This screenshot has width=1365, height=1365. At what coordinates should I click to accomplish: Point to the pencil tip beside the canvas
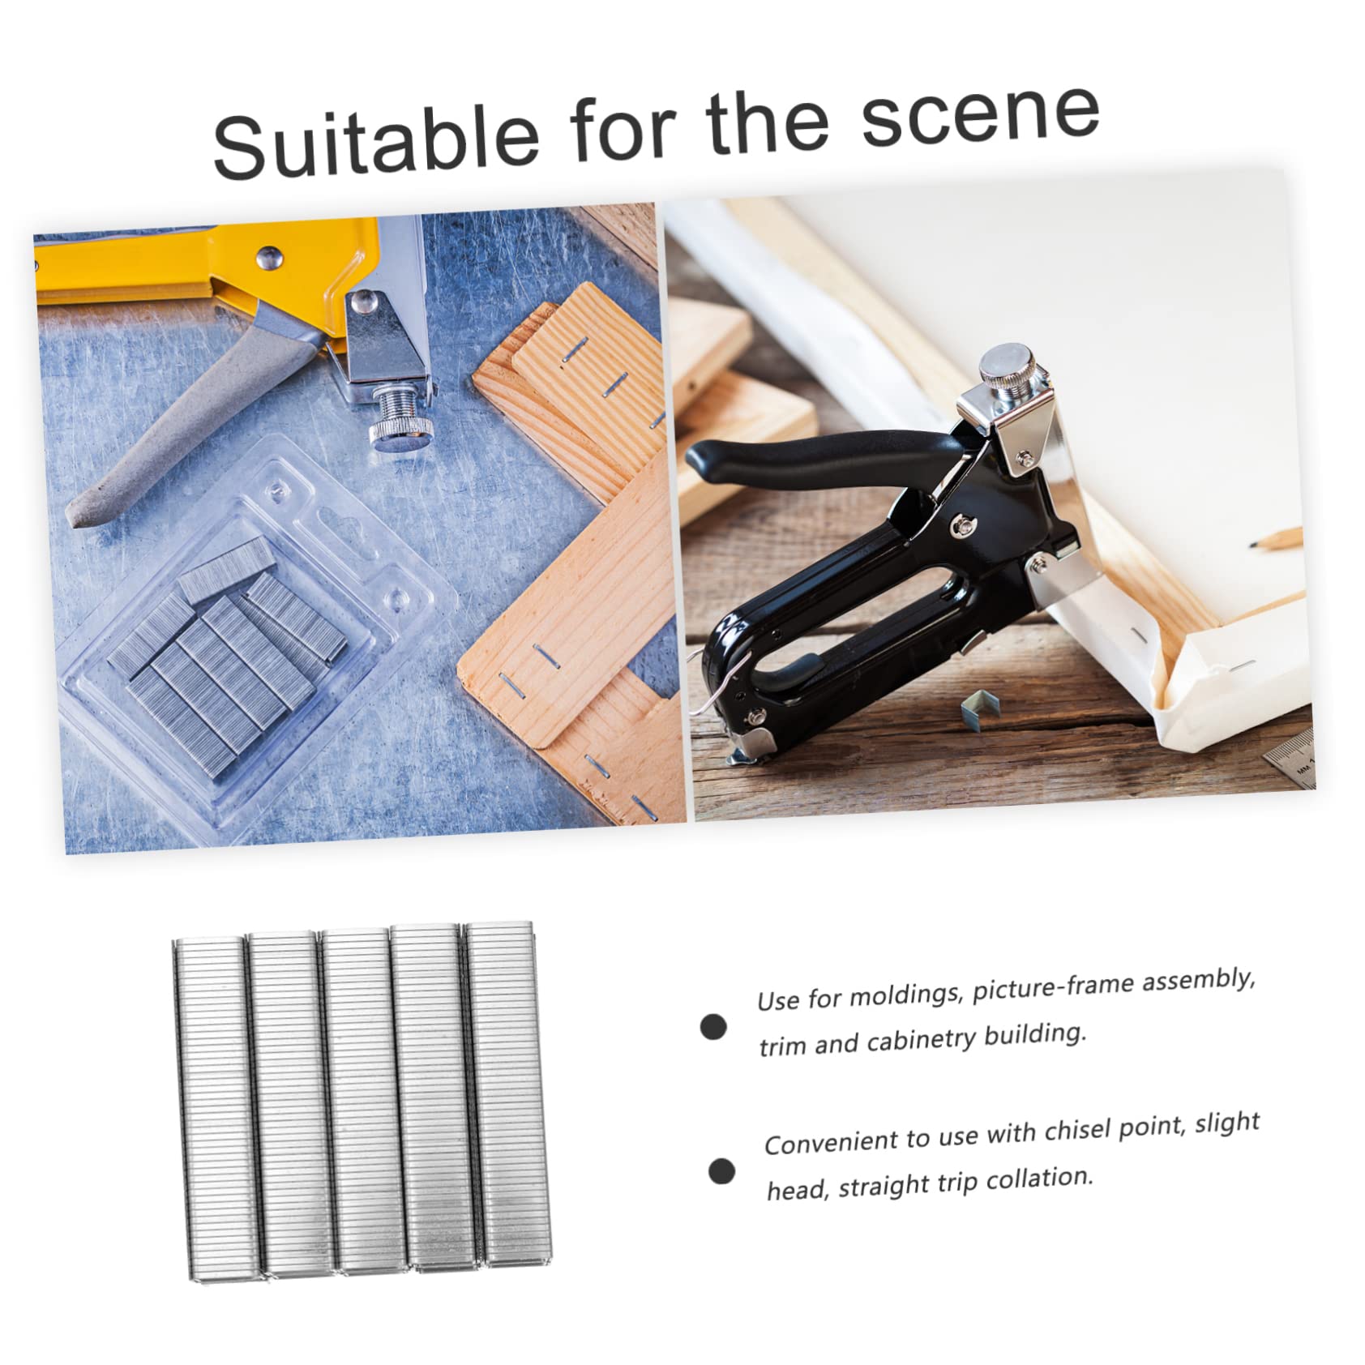(1255, 545)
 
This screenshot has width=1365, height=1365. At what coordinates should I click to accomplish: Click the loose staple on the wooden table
(980, 710)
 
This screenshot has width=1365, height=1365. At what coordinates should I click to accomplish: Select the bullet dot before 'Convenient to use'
(721, 1171)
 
